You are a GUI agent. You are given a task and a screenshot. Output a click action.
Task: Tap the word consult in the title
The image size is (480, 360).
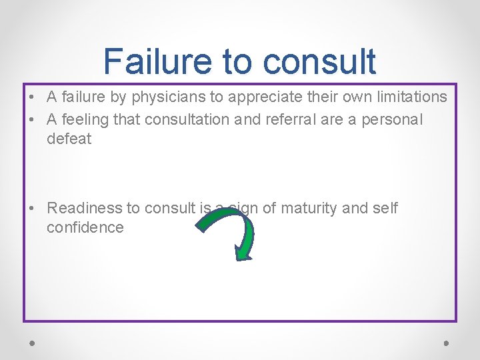(319, 61)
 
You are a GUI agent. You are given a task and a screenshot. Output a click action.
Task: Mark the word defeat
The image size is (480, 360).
(69, 139)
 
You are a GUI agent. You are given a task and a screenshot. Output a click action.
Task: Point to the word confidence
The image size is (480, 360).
(85, 227)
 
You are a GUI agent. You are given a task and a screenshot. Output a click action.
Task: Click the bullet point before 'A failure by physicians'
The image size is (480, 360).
(32, 97)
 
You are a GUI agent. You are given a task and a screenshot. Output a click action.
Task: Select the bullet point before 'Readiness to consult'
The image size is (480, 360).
(32, 209)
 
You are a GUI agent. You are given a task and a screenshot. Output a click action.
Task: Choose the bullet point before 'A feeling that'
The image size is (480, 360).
(32, 119)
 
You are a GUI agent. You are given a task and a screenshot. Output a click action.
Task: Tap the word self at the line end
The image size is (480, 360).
(386, 209)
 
